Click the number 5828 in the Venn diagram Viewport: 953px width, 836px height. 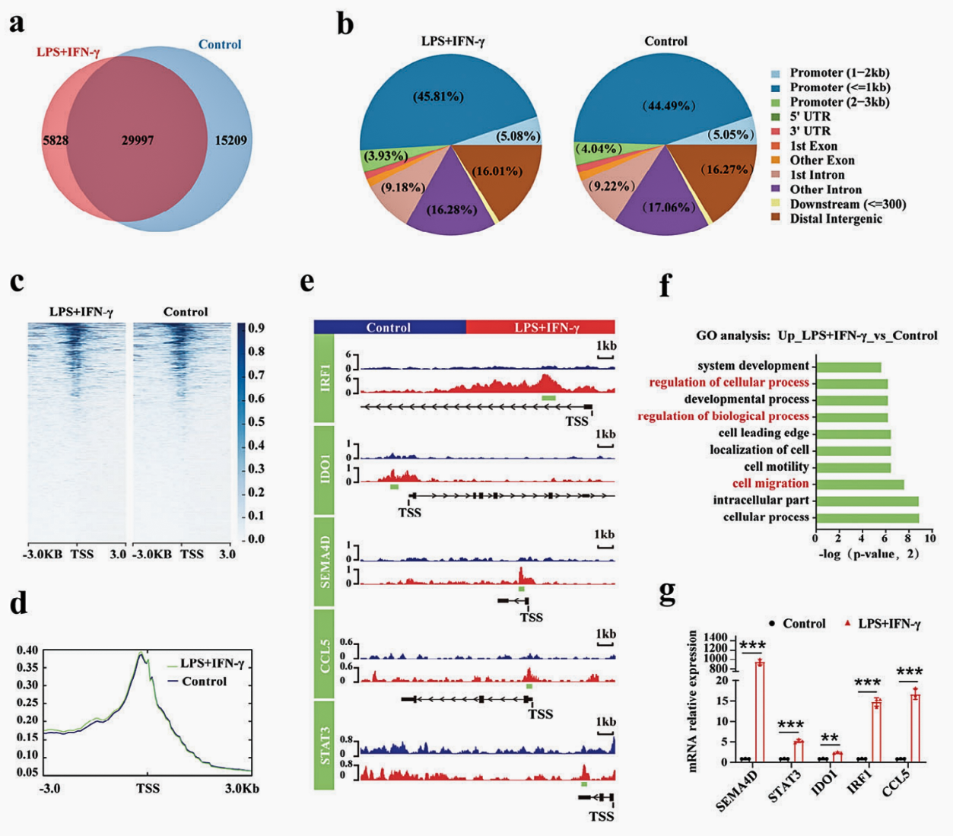tap(56, 141)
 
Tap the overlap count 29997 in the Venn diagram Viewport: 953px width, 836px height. tap(138, 141)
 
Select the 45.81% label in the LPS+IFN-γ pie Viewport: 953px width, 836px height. tap(438, 97)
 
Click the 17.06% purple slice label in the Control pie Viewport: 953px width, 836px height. tap(668, 207)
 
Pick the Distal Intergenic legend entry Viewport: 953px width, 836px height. tap(836, 219)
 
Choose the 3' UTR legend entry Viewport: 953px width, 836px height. tap(810, 131)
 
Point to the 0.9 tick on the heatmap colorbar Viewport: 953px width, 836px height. tap(256, 329)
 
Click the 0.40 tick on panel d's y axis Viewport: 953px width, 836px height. tap(27, 650)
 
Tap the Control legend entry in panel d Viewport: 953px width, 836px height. tap(204, 682)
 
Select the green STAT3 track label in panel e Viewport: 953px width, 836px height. tap(325, 745)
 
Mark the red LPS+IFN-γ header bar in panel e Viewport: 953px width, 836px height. tap(542, 328)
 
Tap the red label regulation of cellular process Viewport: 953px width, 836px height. tap(729, 382)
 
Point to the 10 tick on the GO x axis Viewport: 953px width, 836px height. tap(930, 538)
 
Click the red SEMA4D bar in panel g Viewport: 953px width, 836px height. tap(759, 711)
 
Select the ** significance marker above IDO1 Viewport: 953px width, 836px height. tap(830, 739)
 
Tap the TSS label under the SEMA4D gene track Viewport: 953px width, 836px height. tap(532, 618)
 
